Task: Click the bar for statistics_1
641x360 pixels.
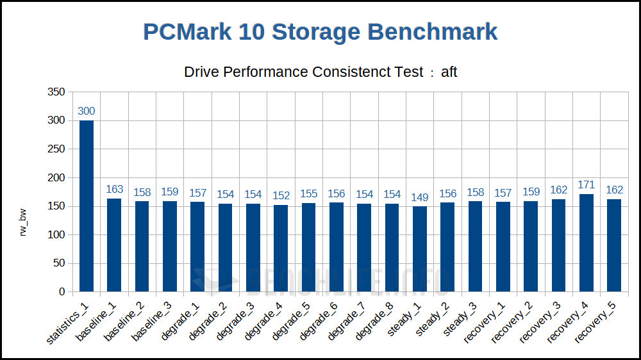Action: click(x=87, y=206)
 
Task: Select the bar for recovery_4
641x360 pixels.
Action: click(x=587, y=243)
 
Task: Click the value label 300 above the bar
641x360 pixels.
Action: click(x=87, y=111)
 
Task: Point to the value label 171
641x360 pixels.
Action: click(x=587, y=185)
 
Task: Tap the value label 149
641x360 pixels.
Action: click(x=420, y=197)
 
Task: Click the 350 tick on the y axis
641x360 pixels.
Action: click(x=56, y=92)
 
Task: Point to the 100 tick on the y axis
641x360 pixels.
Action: click(x=56, y=234)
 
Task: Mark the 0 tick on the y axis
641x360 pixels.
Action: click(x=62, y=291)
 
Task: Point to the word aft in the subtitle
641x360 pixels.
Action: click(x=449, y=72)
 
